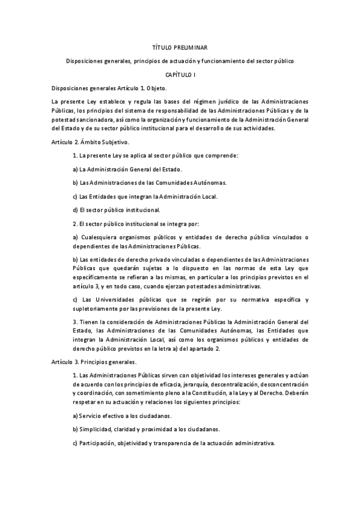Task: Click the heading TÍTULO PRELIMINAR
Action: click(x=180, y=46)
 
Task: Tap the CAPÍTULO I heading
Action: click(x=180, y=74)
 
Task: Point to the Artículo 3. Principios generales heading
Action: click(x=94, y=362)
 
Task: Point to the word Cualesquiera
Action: click(x=101, y=238)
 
